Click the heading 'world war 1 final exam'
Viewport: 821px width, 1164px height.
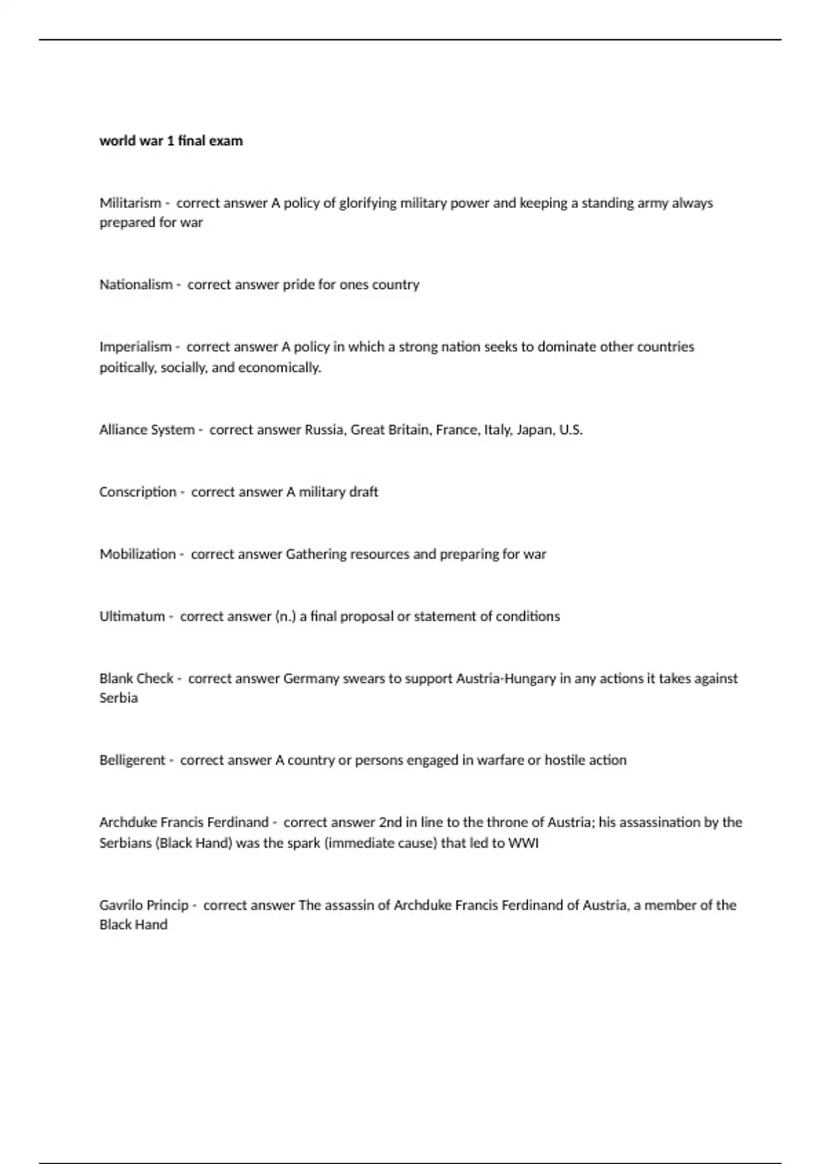(x=171, y=141)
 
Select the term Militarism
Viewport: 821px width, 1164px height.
(x=130, y=203)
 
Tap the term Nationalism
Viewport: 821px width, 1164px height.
(x=135, y=285)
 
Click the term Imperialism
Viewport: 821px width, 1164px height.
(x=135, y=347)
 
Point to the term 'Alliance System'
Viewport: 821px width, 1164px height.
(x=146, y=430)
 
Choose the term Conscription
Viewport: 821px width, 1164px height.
(x=138, y=492)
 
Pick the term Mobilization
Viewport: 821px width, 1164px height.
(x=138, y=555)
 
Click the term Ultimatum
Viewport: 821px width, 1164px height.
(x=132, y=617)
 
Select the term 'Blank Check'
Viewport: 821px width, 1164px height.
(x=136, y=679)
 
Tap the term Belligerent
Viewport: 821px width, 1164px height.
(x=132, y=760)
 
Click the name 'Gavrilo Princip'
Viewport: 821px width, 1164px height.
(x=144, y=905)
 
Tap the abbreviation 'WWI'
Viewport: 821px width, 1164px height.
(x=523, y=844)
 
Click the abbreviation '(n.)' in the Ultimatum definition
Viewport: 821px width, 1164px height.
(x=285, y=617)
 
